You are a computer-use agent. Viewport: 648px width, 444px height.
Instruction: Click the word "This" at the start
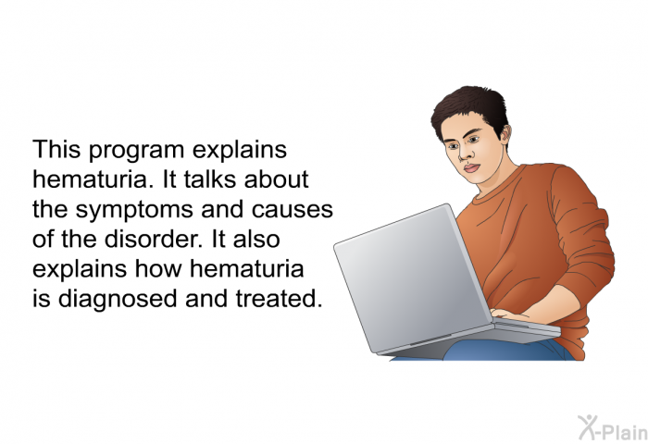(56, 149)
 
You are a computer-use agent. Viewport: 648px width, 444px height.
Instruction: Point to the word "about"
(276, 179)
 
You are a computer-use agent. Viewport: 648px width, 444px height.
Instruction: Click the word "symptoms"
(134, 211)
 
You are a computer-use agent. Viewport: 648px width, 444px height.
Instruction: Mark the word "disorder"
(154, 239)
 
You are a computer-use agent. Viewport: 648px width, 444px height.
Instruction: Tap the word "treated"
(279, 299)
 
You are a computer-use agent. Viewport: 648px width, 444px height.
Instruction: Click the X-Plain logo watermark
(613, 427)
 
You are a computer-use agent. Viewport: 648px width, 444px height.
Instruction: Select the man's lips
(471, 168)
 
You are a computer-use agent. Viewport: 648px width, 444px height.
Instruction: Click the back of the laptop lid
(413, 277)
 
